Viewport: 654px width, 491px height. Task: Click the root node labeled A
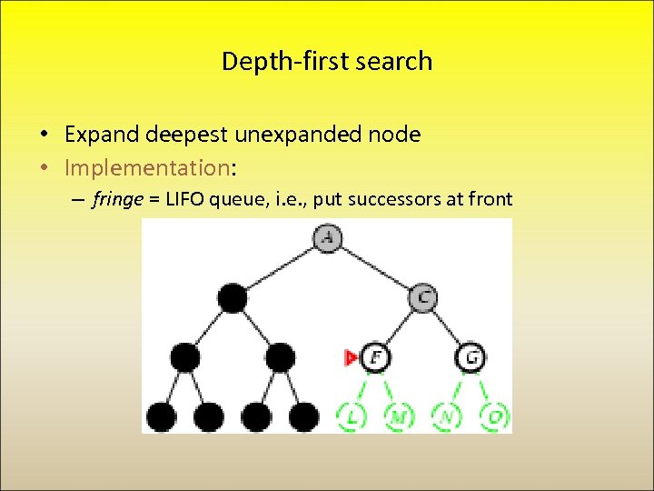pos(327,237)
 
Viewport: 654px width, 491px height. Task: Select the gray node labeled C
pos(423,296)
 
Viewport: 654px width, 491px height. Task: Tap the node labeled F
pos(375,357)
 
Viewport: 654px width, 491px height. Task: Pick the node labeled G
pos(471,357)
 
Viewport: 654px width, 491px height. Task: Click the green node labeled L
pos(352,417)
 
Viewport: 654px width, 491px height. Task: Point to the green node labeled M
pos(399,417)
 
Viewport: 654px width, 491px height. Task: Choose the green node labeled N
pos(447,417)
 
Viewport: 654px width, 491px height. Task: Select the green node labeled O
pos(495,417)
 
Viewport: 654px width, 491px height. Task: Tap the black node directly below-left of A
pos(233,297)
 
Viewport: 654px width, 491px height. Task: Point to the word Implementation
pos(147,167)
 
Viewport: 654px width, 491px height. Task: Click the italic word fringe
pos(117,200)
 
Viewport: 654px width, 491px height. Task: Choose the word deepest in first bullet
pos(185,135)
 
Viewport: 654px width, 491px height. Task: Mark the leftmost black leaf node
pos(162,417)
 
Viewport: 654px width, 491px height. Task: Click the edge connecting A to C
pos(375,267)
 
